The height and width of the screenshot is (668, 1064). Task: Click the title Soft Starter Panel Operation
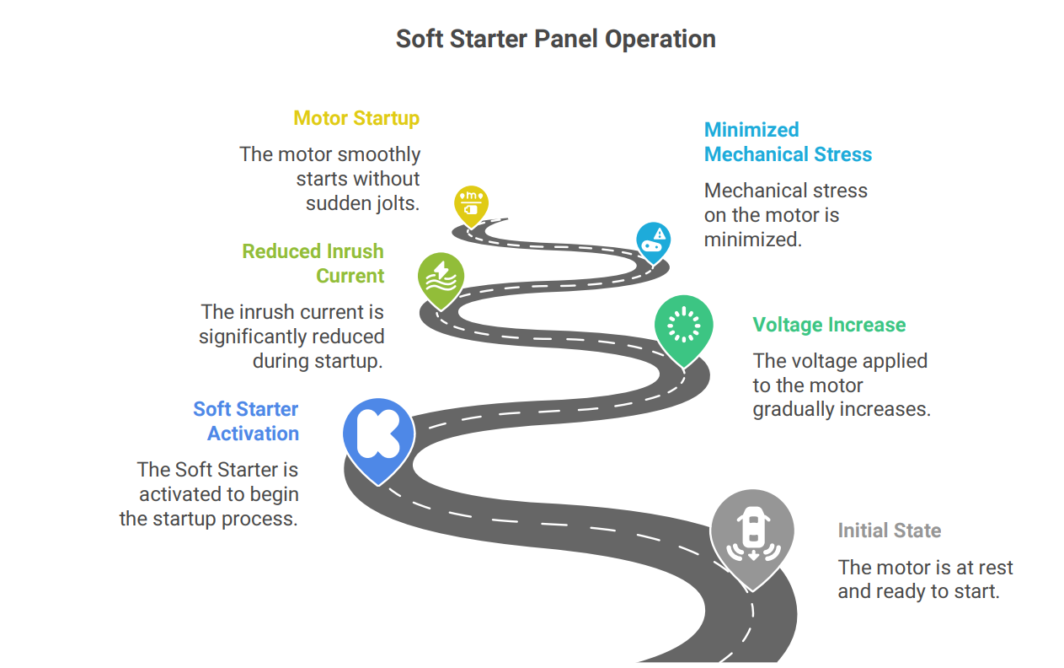coord(555,39)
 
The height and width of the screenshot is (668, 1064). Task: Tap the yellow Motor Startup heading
coord(356,118)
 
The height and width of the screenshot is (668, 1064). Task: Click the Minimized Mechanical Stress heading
coord(787,143)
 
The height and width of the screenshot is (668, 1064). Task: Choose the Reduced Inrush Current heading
coord(313,263)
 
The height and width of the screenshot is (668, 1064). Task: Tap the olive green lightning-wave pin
coord(440,278)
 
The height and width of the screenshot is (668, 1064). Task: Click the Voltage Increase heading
coord(829,325)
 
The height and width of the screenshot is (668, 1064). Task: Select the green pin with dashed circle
coord(683,326)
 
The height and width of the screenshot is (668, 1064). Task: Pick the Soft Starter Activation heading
coord(246,421)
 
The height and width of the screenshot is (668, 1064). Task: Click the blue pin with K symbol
coord(378,435)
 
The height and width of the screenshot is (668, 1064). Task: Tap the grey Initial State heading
coord(889,531)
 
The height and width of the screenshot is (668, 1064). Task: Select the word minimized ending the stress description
coord(751,239)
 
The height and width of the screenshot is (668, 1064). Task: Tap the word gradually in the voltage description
coord(797,410)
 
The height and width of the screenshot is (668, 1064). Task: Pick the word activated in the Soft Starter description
coord(179,493)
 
